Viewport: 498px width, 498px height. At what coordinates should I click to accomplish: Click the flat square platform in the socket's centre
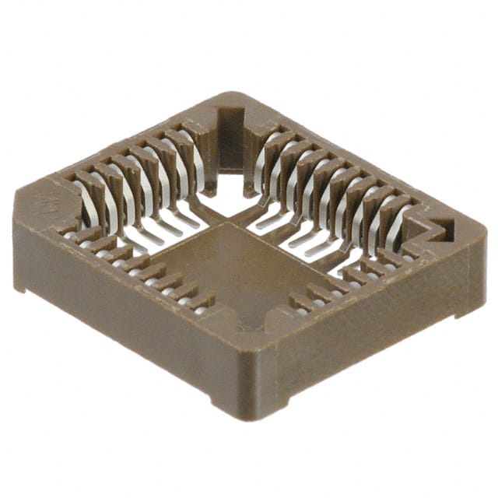[233, 268]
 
